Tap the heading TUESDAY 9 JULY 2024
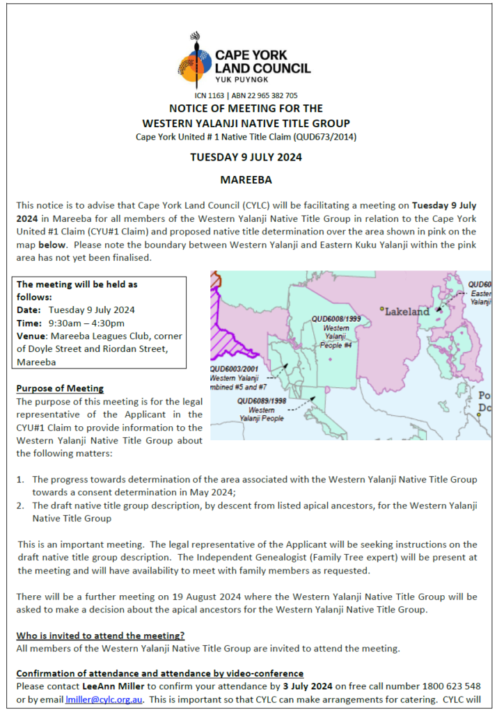(x=246, y=157)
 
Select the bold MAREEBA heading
(x=246, y=180)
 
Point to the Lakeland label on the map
(x=408, y=311)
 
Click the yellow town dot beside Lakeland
(x=381, y=308)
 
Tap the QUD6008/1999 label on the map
(x=336, y=318)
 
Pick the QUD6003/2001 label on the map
(x=235, y=369)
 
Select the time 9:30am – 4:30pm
(x=86, y=323)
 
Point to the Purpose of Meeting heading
(x=60, y=388)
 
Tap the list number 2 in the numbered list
(x=21, y=505)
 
